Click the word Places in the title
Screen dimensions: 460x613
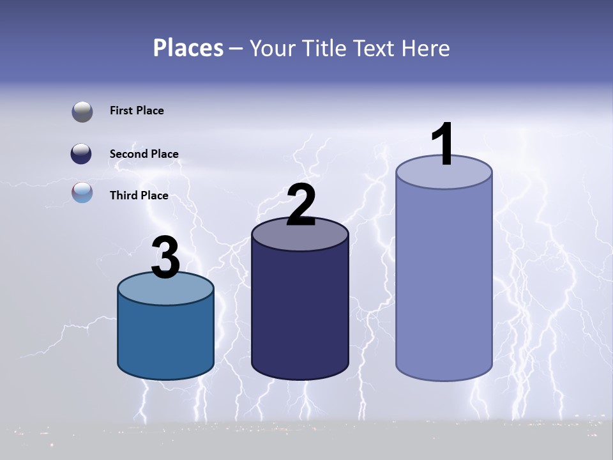188,48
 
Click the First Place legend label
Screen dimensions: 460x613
137,111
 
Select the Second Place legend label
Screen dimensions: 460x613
144,154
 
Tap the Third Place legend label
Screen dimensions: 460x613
139,195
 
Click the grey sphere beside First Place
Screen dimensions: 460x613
82,112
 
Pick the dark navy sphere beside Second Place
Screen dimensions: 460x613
82,154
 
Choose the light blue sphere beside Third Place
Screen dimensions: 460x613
82,192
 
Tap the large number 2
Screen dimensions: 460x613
301,205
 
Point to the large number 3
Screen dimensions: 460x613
166,258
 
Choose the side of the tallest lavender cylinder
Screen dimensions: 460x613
444,281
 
